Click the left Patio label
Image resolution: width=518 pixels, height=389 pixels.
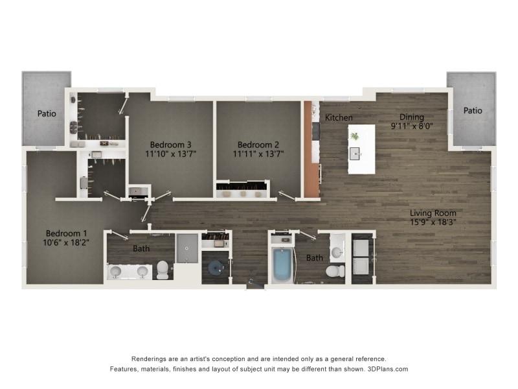coord(47,113)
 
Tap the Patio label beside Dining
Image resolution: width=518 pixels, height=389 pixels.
coord(473,111)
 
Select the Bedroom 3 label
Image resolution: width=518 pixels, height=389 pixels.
coord(170,145)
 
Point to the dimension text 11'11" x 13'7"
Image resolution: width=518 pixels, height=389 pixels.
coord(258,154)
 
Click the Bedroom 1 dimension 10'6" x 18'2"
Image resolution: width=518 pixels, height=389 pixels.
coord(67,244)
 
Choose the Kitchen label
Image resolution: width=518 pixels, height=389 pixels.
coord(339,118)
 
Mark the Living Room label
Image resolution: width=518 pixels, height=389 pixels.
coord(433,213)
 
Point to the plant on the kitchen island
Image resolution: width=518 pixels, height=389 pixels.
coord(355,136)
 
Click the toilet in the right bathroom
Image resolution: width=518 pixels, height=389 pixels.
coord(335,270)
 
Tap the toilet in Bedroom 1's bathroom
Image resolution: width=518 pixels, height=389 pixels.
coord(162,269)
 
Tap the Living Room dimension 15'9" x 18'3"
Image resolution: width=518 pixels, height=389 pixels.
coord(433,222)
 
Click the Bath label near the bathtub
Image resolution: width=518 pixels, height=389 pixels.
coord(315,258)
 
